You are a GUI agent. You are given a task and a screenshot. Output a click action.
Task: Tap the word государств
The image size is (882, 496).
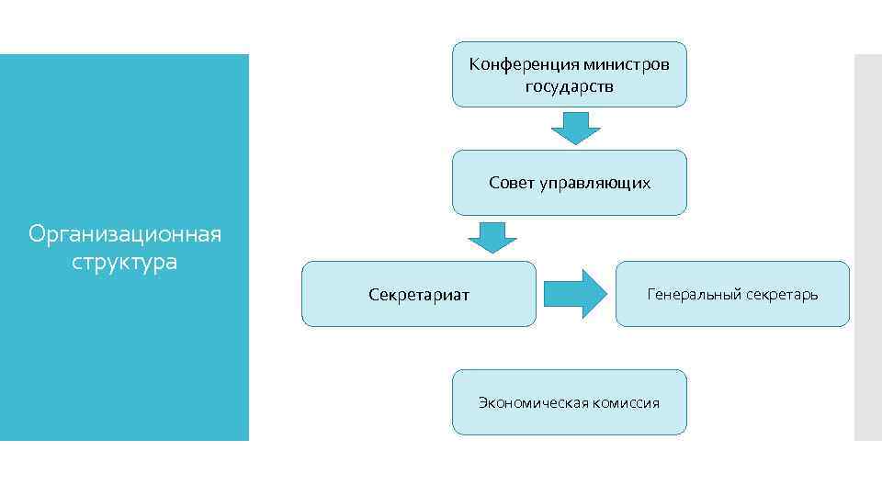(x=570, y=87)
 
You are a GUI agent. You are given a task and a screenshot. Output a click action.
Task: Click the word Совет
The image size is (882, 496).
(x=510, y=183)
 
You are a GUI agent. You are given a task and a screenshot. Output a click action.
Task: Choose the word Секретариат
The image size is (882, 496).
(x=419, y=295)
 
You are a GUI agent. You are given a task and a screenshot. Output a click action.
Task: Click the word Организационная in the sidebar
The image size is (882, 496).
(x=125, y=234)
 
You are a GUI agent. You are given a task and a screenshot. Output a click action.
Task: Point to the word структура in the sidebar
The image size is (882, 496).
(x=125, y=262)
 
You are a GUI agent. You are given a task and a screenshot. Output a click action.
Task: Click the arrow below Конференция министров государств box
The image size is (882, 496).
(x=575, y=128)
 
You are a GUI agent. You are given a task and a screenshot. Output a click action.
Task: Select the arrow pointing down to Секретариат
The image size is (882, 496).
(x=492, y=237)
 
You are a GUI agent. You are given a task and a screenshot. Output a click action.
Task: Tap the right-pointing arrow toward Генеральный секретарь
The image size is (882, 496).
(x=576, y=294)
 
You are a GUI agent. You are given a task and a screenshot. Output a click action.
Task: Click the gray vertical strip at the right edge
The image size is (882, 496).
(x=867, y=248)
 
